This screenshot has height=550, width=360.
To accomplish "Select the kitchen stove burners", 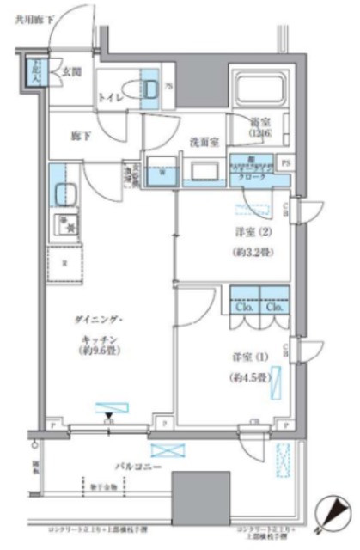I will tap(63, 227).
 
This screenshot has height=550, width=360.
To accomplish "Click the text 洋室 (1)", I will tap(247, 356).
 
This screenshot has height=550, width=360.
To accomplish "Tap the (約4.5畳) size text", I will tap(247, 377).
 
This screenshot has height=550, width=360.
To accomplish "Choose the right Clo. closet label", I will tap(274, 308).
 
